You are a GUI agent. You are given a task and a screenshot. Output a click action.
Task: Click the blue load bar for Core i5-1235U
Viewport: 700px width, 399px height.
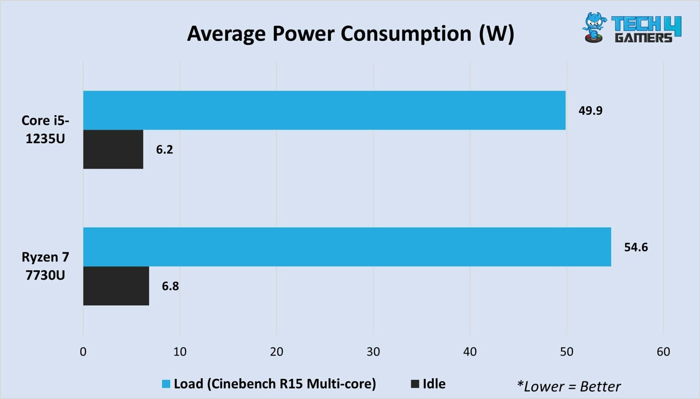point(324,110)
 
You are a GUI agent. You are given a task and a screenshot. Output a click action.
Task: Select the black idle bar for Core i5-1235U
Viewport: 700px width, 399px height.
point(113,149)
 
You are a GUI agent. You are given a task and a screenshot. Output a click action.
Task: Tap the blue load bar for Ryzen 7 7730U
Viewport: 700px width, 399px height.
point(347,247)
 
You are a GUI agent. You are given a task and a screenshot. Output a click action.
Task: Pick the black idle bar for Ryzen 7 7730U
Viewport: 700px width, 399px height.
point(116,286)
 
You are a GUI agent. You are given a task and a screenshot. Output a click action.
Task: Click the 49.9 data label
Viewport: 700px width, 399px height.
point(590,111)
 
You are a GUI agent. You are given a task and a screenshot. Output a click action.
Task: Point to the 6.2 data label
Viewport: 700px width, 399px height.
point(164,150)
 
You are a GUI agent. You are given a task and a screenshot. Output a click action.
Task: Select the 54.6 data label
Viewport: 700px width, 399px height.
point(636,247)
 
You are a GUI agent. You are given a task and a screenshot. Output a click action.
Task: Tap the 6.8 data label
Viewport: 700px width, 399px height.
point(170,286)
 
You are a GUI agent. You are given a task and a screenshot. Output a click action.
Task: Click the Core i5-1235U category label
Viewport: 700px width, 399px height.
point(45,129)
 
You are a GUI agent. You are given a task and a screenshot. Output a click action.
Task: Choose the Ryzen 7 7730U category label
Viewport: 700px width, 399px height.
point(45,266)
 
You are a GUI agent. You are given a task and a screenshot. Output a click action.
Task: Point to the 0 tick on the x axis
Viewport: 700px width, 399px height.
point(83,352)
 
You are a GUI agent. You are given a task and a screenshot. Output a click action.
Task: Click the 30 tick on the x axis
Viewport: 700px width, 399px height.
point(373,352)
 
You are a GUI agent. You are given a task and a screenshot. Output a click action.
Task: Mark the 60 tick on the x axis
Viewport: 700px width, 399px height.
point(663,352)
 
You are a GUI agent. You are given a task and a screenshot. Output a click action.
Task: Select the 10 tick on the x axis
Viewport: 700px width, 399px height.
point(180,352)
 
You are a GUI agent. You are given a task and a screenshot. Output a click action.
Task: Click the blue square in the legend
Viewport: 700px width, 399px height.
point(166,384)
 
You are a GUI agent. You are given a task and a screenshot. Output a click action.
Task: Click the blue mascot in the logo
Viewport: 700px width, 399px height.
point(594,27)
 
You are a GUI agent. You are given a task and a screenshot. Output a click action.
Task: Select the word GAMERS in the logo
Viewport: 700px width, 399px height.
point(643,38)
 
